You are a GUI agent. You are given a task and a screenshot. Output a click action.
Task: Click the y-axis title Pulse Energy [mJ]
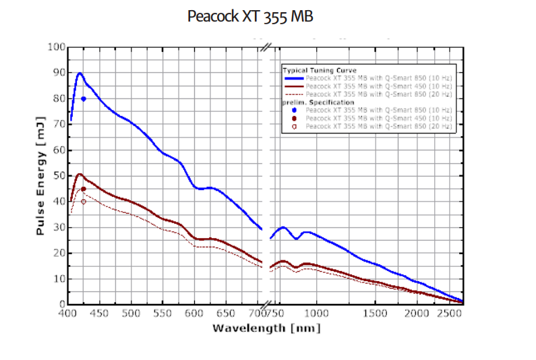coord(40,175)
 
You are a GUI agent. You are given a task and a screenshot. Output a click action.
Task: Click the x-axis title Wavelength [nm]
coord(266,328)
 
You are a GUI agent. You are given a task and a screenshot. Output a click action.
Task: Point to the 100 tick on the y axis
coord(57,47)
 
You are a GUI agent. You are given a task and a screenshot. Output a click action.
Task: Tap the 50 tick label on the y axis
coord(59,176)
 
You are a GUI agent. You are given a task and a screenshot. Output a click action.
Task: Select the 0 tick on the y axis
coord(61,304)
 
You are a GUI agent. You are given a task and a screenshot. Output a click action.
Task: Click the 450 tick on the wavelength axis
coord(99,313)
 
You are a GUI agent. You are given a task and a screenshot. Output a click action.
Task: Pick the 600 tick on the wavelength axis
coord(194,313)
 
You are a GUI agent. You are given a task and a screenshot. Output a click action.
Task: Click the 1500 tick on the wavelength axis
coord(375,313)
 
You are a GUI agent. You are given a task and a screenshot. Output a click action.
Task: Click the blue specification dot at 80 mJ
coord(84,98)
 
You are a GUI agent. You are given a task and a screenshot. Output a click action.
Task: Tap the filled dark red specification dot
coord(84,189)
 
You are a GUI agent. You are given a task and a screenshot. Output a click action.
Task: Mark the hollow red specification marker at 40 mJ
coord(84,202)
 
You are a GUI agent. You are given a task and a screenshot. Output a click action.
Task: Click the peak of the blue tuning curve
coord(80,73)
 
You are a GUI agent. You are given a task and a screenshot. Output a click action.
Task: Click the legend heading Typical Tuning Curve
coord(319,70)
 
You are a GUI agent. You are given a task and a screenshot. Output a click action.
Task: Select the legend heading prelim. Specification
coord(316,101)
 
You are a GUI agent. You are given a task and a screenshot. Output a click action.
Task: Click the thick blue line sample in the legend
coord(293,78)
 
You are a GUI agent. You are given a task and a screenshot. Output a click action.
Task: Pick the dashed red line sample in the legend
coord(293,94)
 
